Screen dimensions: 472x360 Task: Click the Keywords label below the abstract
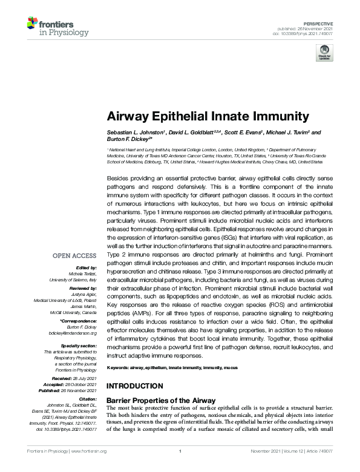click(x=119, y=368)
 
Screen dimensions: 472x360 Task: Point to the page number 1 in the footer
click(x=180, y=451)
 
